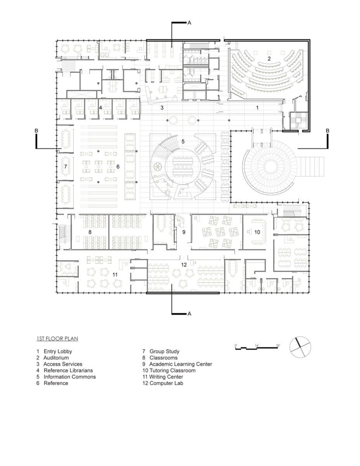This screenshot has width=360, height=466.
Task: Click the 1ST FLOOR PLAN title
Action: tap(57, 339)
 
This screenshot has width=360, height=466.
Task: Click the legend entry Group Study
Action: tap(164, 351)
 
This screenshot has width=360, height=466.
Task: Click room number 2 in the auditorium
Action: tap(268, 59)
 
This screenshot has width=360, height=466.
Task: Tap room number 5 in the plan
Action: tap(183, 141)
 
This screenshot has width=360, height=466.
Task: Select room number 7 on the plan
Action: tap(66, 166)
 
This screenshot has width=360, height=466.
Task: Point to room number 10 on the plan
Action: tap(257, 232)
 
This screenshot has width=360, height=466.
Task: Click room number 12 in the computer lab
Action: tap(184, 264)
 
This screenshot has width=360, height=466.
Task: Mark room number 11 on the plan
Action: tap(115, 275)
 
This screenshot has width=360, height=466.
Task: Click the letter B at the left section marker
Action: tap(36, 131)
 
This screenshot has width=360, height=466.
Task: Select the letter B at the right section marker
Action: tap(327, 131)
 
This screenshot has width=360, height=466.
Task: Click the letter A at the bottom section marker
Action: tap(189, 314)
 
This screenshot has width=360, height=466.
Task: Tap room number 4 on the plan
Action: tap(100, 107)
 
